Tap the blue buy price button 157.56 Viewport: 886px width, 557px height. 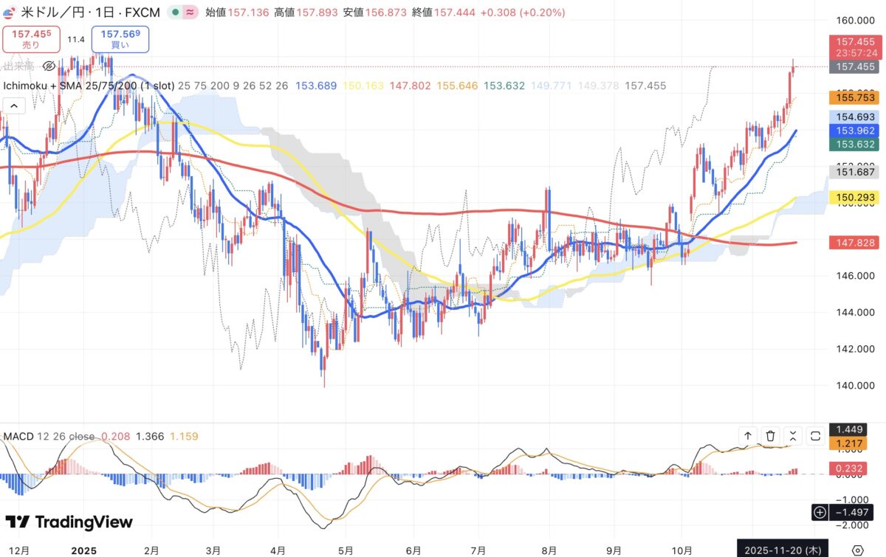click(120, 39)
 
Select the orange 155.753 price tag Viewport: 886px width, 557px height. click(856, 97)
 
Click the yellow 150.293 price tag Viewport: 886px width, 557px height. click(856, 198)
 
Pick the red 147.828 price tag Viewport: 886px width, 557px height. click(856, 243)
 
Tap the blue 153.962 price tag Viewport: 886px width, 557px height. click(856, 131)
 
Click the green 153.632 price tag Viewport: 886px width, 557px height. click(856, 145)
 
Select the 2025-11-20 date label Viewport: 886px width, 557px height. click(783, 550)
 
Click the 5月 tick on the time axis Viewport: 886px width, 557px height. click(346, 550)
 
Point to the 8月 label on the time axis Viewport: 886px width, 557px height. click(549, 550)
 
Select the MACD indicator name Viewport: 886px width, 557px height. click(19, 436)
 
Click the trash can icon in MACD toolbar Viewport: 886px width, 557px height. click(770, 436)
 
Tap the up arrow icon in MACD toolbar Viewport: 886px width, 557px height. click(748, 436)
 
